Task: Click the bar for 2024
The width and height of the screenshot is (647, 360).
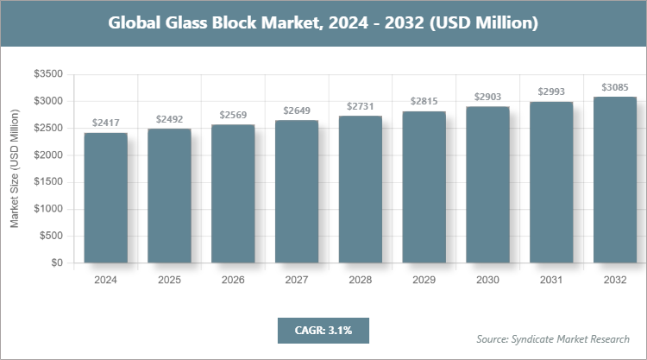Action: click(105, 198)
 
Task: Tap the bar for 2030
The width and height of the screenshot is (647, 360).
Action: click(487, 185)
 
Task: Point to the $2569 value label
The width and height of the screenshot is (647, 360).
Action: click(233, 115)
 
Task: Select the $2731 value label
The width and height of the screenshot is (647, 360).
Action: click(361, 106)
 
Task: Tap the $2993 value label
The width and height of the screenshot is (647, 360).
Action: click(551, 92)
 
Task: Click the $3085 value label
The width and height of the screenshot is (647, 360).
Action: click(615, 86)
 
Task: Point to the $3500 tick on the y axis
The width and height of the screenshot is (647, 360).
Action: click(48, 75)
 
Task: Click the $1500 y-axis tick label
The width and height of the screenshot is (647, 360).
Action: click(48, 182)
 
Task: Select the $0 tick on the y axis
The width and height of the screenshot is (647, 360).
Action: click(56, 262)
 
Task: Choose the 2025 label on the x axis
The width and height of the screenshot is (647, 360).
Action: click(169, 280)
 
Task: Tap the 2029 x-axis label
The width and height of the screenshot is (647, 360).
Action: click(424, 280)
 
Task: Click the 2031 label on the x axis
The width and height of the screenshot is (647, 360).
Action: click(551, 280)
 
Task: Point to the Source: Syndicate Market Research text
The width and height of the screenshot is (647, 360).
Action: click(553, 338)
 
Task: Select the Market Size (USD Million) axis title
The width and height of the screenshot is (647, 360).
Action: click(15, 169)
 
